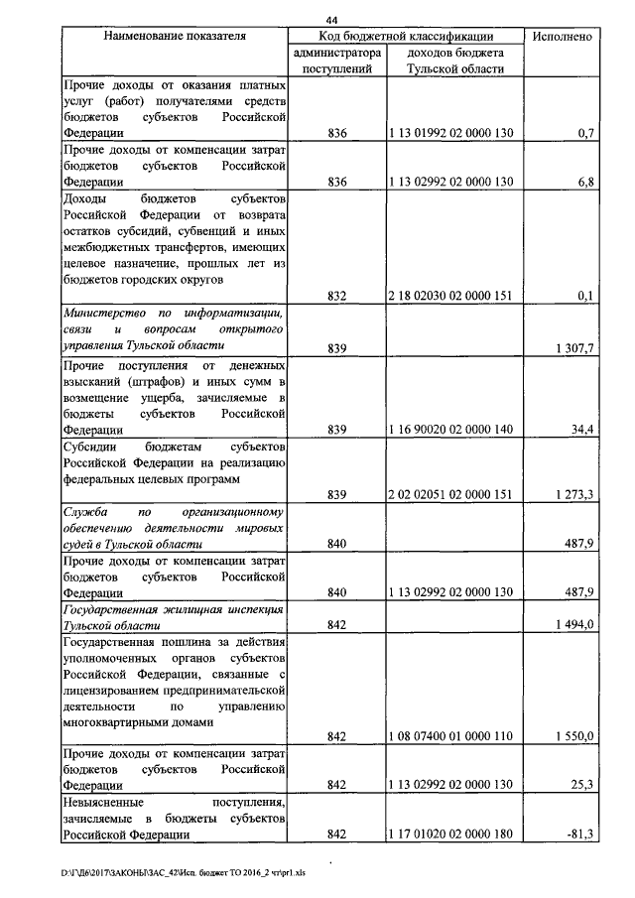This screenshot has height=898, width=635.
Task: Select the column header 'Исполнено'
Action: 563,36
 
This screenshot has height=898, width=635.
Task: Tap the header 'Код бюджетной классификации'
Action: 404,36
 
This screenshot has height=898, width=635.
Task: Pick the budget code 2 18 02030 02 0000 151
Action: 452,295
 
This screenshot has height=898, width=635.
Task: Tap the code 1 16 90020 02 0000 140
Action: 452,430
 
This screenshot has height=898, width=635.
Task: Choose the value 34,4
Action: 580,430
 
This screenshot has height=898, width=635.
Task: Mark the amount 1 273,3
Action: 572,494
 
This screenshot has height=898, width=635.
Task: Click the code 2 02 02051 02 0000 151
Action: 452,494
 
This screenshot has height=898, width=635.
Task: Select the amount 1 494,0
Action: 572,624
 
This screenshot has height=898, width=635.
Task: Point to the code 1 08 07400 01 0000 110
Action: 452,736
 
